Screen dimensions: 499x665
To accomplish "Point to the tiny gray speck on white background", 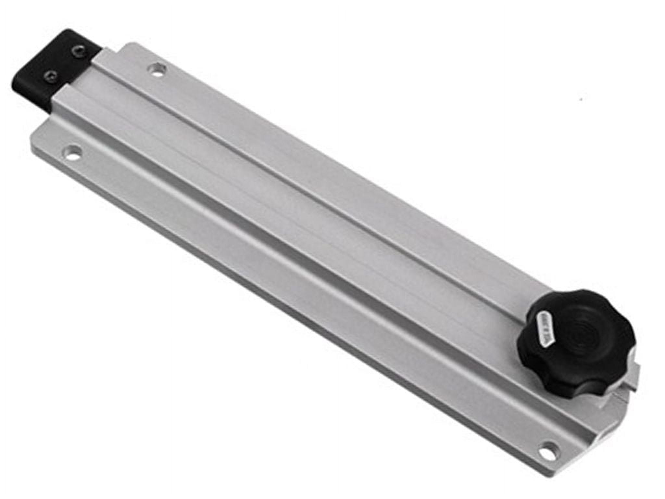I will click(x=583, y=99).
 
